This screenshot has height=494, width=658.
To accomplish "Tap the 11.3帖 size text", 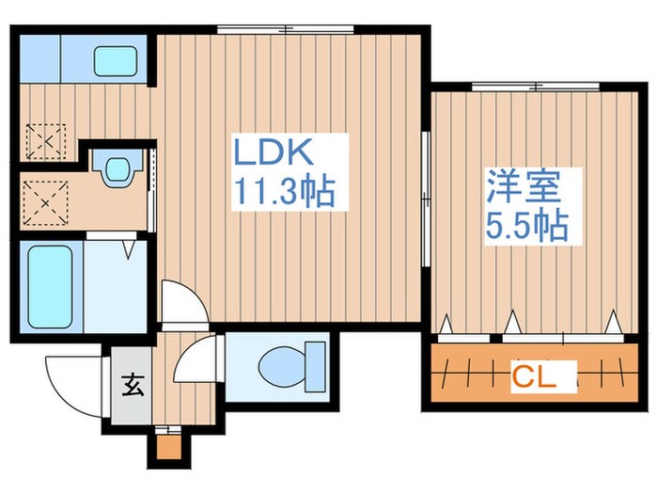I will tap(284, 193).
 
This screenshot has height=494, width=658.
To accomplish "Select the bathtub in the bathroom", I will tap(50, 286).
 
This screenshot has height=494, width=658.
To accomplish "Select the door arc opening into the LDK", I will tap(180, 301).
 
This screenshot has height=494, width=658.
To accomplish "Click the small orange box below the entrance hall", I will tap(168, 447).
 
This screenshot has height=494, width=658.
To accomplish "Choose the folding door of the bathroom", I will tap(132, 247).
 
